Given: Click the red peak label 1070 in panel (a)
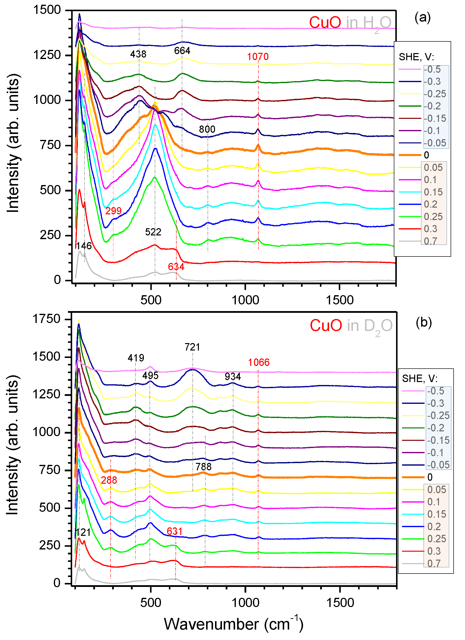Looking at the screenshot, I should (258, 57).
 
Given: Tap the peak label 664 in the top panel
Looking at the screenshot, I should (182, 51).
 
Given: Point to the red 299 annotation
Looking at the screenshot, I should (113, 211).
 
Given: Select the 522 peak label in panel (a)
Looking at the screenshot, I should (153, 232).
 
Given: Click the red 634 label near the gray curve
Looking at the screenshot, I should (176, 267).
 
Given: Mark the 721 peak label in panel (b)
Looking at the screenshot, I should (192, 347).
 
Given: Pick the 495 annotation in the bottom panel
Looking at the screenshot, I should (150, 376).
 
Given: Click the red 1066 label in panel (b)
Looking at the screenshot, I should (258, 362).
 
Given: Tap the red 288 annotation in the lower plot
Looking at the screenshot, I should (109, 480).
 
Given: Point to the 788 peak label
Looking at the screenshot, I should (203, 467).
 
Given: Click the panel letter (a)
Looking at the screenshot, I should (422, 18).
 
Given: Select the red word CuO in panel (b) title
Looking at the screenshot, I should (326, 325).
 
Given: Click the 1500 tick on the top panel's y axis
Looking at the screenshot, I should (47, 10).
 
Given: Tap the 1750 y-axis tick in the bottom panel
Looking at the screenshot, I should (47, 319).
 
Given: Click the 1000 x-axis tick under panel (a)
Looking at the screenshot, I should (245, 300).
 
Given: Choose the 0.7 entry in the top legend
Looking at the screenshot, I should (430, 241).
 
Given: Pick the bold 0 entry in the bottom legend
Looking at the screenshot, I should (430, 477).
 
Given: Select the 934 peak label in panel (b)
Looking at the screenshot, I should (233, 377).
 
